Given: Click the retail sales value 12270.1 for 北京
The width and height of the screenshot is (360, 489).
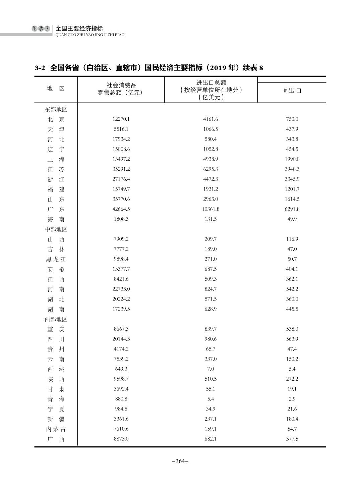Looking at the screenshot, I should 121,119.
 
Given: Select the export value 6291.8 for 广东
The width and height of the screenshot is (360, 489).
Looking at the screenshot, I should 292,209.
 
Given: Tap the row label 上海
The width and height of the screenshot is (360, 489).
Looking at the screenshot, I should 56,159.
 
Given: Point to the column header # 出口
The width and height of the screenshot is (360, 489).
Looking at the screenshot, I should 292,91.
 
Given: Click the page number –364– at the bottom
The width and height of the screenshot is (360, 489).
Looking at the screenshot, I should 180,461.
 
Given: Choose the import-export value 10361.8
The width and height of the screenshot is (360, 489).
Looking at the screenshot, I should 211,209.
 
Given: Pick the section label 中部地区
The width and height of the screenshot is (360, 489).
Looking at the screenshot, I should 56,229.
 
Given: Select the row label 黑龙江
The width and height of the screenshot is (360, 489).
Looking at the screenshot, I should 56,259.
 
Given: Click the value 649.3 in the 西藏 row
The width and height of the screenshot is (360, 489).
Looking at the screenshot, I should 121,369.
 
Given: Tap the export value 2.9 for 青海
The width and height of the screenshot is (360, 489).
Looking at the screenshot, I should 292,399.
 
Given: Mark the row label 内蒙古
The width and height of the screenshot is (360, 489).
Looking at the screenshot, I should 56,429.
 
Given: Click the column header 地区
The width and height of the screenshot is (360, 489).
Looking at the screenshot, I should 56,89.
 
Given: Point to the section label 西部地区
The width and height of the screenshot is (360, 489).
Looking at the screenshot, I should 56,319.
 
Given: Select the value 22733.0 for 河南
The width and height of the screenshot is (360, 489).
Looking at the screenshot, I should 121,289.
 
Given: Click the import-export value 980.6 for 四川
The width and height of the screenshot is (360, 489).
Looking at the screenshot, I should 211,339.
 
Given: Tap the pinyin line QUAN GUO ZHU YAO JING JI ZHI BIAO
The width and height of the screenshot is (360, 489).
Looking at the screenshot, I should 90,35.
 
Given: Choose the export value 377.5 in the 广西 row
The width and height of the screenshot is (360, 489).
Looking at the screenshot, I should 292,439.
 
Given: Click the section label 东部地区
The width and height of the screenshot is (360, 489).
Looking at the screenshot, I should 56,109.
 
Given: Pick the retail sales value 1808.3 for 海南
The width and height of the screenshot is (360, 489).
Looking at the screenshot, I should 121,219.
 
